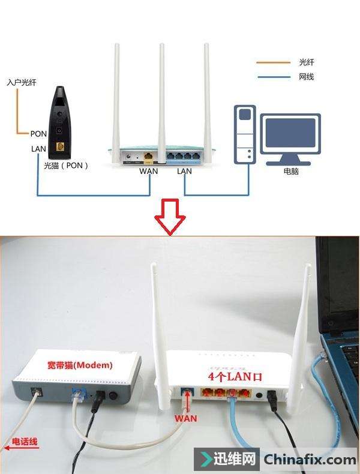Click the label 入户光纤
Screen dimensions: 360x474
(22, 82)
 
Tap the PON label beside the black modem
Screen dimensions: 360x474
(38, 134)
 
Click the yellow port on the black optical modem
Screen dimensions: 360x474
(60, 146)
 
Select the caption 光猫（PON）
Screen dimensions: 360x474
(66, 166)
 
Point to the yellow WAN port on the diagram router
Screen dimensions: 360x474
(148, 156)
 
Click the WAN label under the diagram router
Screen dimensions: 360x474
(148, 171)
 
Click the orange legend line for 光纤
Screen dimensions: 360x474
(273, 62)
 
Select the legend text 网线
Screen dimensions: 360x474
(306, 77)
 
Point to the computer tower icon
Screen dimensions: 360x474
(245, 134)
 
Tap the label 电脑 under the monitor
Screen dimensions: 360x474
(291, 172)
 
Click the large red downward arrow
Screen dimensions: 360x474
(170, 217)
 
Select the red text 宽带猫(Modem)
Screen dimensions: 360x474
(80, 365)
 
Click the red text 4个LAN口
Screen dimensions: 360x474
(235, 376)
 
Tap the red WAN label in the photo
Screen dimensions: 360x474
(185, 418)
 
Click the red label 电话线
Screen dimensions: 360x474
(25, 442)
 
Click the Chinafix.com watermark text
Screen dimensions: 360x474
(310, 460)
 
